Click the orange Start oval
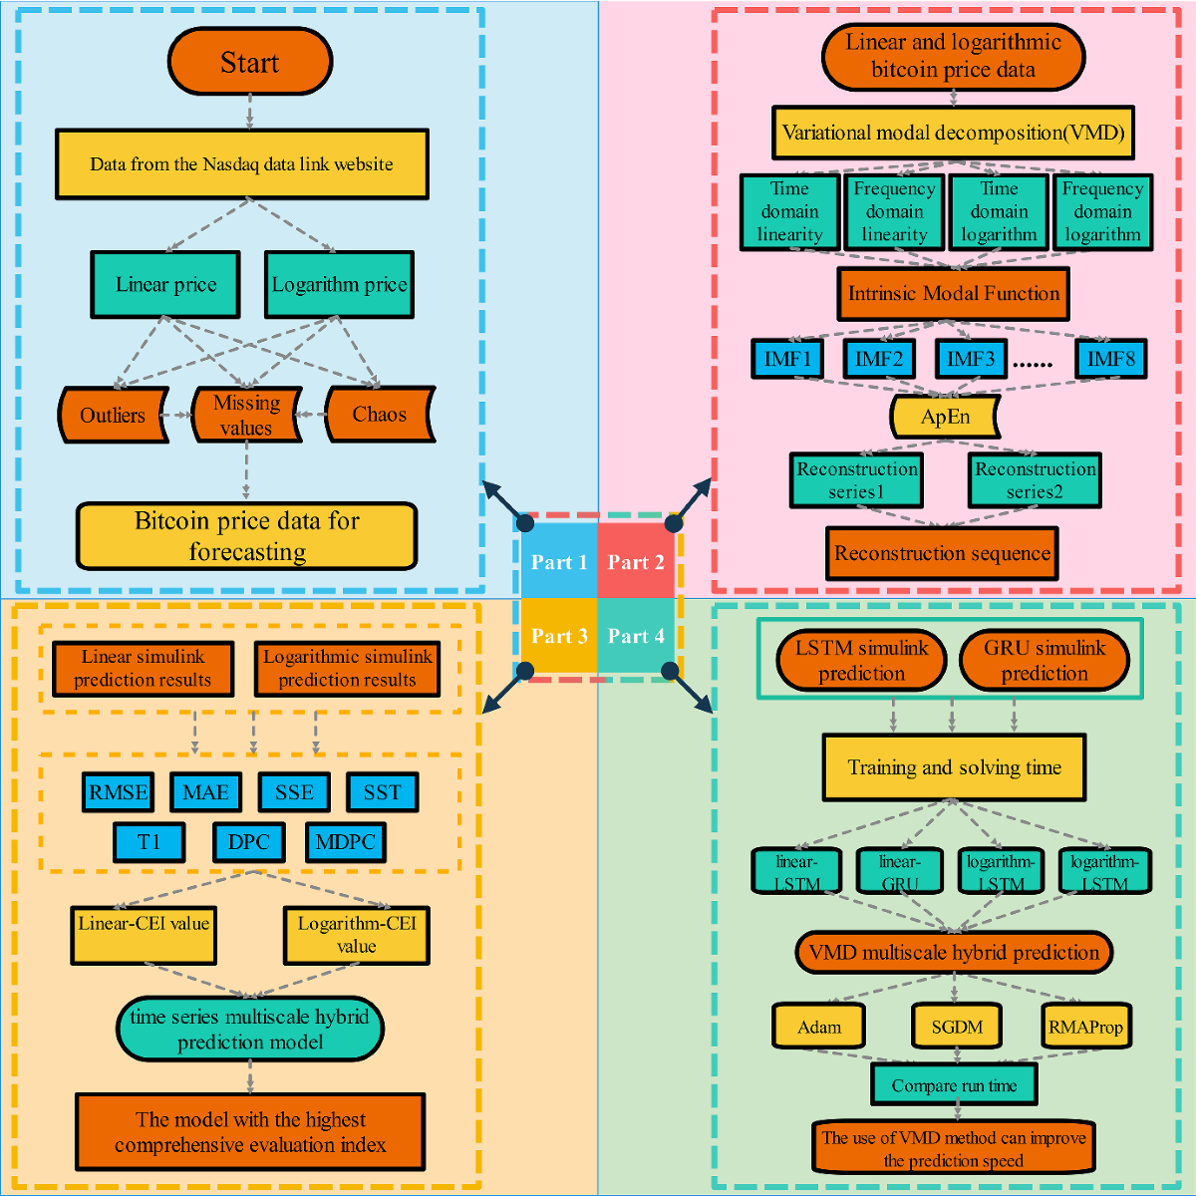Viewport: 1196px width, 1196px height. click(x=249, y=62)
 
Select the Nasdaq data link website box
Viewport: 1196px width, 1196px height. click(x=242, y=163)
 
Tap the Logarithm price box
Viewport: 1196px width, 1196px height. click(x=339, y=285)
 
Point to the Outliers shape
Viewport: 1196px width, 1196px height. click(x=113, y=415)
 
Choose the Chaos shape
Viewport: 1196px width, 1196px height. click(x=379, y=415)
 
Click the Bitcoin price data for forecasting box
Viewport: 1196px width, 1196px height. click(x=247, y=536)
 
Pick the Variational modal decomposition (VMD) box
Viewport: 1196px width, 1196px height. click(x=953, y=133)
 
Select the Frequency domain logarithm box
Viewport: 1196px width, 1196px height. click(x=1101, y=211)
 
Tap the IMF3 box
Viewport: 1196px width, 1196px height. click(x=970, y=359)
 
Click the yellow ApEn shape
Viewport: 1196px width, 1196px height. click(x=945, y=417)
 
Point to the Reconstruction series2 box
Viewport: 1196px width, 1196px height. click(x=1035, y=479)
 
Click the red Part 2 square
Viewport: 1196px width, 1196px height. click(x=636, y=562)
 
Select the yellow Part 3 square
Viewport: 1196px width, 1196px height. click(x=559, y=636)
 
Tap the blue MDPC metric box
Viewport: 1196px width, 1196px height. click(x=345, y=842)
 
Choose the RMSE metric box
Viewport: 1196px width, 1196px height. click(x=119, y=792)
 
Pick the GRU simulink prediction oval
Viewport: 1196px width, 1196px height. click(x=1045, y=660)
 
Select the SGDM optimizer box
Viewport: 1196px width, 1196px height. click(x=957, y=1027)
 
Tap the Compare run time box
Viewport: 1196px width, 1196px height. click(x=954, y=1085)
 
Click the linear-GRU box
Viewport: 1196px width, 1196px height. click(x=899, y=872)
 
